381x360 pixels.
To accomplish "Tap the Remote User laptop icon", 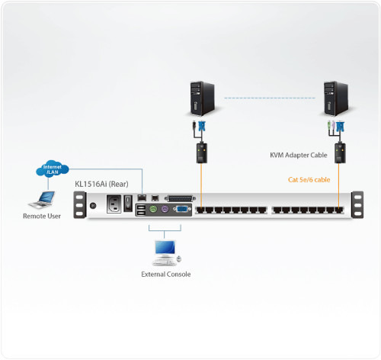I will pyautogui.click(x=42, y=201).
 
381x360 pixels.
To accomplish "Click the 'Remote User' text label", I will pyautogui.click(x=41, y=217).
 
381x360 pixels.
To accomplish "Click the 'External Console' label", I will pyautogui.click(x=166, y=274).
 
